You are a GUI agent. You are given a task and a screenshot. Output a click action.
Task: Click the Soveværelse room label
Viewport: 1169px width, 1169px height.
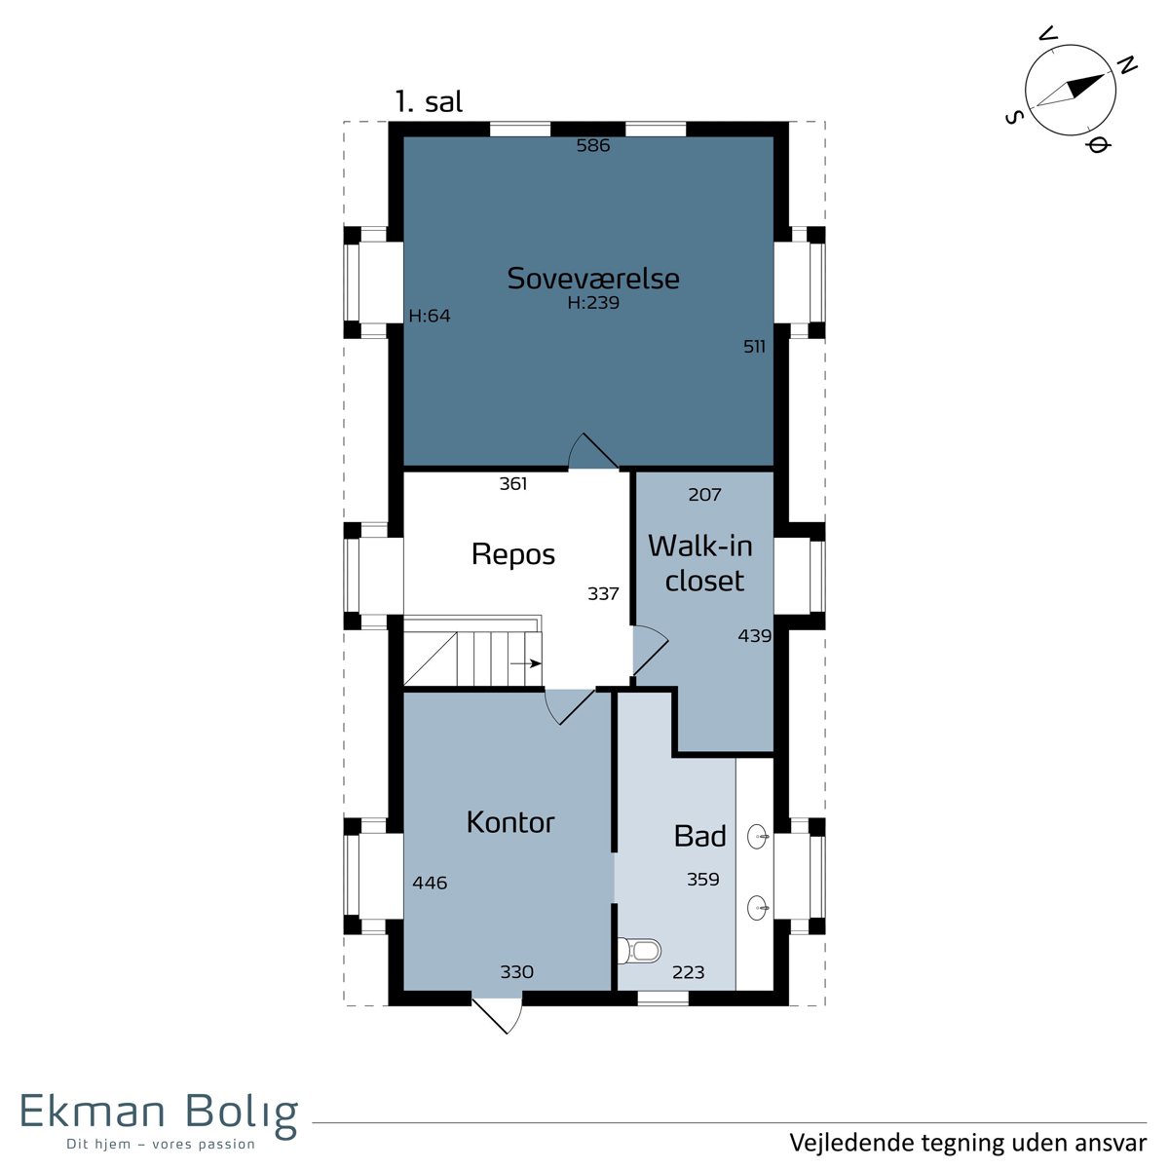tap(592, 279)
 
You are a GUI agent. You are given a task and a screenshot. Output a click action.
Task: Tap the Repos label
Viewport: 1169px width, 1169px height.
tap(513, 554)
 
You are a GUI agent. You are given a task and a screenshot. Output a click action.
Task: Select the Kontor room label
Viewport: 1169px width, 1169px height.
tap(510, 822)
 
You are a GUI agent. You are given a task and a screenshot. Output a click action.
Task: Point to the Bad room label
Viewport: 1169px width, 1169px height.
tap(699, 837)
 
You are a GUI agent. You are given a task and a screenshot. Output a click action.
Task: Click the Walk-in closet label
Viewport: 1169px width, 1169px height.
tap(700, 563)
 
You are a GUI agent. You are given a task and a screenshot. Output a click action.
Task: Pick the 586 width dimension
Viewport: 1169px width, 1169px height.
tap(592, 145)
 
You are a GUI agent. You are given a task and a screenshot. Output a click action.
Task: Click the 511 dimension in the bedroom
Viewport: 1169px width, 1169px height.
tap(754, 347)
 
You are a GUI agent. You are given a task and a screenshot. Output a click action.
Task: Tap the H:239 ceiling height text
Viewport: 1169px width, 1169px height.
tap(593, 303)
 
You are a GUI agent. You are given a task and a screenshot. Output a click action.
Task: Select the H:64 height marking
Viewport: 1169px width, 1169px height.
tap(430, 316)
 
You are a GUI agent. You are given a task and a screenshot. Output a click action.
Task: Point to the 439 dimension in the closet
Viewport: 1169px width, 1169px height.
tap(755, 636)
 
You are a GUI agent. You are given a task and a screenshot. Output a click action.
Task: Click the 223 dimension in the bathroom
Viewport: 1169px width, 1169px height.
tap(689, 972)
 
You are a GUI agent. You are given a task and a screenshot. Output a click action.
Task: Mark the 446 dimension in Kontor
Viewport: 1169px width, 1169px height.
tap(430, 883)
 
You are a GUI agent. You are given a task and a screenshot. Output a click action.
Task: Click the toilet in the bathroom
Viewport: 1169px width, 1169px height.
tap(639, 950)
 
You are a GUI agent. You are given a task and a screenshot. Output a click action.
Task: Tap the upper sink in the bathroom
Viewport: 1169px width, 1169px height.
tap(758, 837)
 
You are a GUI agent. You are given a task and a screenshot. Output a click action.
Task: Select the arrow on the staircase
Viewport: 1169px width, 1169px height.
tap(525, 663)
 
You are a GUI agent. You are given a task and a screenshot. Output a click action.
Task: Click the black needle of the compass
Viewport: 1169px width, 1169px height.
tap(1084, 86)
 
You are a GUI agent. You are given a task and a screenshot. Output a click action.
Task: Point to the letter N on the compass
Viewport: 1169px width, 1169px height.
tap(1127, 65)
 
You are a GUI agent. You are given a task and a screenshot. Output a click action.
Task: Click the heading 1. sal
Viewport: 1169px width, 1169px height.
tap(429, 101)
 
